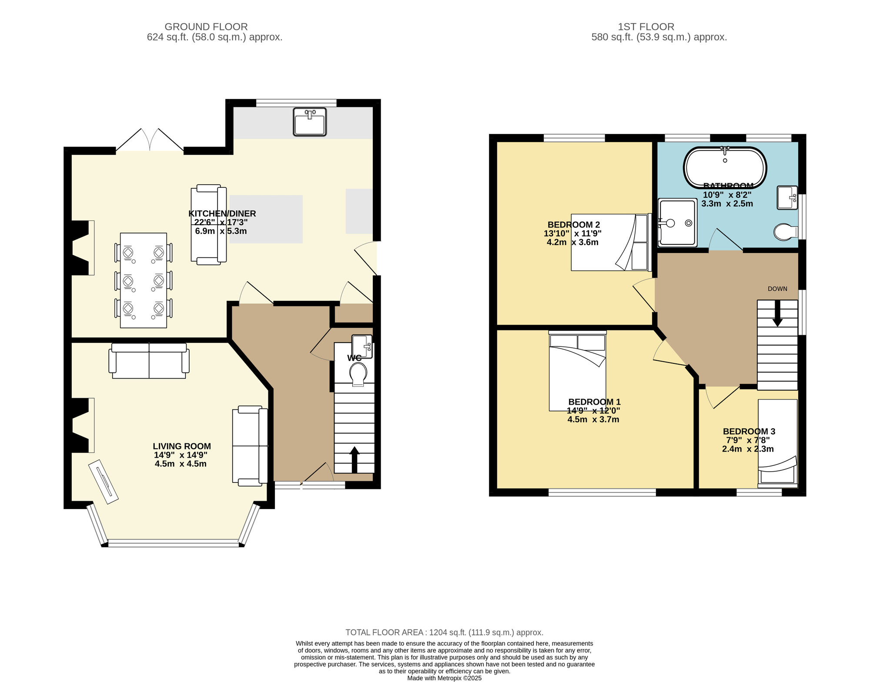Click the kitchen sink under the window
(310, 122)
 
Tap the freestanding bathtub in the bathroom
(725, 167)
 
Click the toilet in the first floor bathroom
(786, 232)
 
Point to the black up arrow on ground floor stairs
(354, 459)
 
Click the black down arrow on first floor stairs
(777, 313)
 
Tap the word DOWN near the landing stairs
(777, 289)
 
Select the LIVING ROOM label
(182, 446)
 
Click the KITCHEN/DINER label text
(222, 213)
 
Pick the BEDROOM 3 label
(749, 431)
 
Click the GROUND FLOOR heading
(206, 27)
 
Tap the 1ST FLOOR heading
(646, 27)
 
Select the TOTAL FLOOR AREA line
(445, 632)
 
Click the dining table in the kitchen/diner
(144, 280)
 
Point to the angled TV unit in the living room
(104, 482)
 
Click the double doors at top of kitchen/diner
(150, 140)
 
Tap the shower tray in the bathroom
(677, 222)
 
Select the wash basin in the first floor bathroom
(787, 197)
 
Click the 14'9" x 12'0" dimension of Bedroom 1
(593, 410)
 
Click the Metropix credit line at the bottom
(445, 678)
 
